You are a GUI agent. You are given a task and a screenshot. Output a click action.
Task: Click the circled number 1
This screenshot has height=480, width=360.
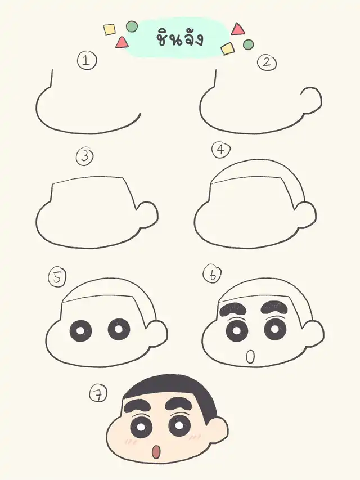[x=87, y=61]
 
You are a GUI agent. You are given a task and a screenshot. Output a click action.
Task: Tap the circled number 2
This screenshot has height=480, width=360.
[x=267, y=63]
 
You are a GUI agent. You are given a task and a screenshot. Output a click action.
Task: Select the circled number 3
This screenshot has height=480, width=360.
[x=85, y=156]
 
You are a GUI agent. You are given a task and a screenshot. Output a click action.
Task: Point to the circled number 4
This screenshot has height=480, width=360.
[x=221, y=150]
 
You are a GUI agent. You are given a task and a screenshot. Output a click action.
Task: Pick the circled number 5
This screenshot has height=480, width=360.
[x=57, y=278]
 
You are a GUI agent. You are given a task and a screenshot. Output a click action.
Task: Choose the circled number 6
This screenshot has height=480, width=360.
[x=213, y=273]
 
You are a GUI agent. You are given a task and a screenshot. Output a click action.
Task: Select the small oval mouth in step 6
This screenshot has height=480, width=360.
[x=250, y=357]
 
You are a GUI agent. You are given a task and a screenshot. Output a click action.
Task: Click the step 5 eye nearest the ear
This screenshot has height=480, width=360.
[x=119, y=330]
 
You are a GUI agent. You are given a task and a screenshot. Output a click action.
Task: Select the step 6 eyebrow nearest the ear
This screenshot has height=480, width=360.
[x=274, y=307]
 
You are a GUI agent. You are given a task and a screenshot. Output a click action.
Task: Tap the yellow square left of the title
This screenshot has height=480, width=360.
[x=110, y=29]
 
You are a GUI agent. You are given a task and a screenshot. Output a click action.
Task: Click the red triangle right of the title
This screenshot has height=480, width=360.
[x=238, y=29]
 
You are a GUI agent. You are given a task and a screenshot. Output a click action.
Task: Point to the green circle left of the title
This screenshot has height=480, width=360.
[x=132, y=26]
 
